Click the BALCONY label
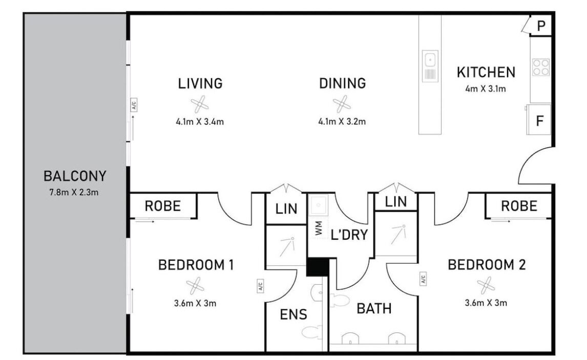tap(75, 176)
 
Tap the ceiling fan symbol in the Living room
tap(200, 104)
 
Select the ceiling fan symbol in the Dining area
tap(342, 104)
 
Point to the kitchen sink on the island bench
tap(430, 66)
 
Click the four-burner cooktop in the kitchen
tap(541, 68)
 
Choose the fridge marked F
tap(539, 120)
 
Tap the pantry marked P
tap(541, 26)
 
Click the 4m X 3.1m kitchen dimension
tap(486, 89)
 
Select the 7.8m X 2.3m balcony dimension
tap(74, 193)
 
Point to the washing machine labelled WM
tap(318, 228)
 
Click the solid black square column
tap(318, 267)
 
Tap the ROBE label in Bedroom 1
tap(163, 206)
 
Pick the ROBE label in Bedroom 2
tap(519, 206)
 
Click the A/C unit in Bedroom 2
tap(423, 279)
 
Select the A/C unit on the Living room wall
tap(134, 104)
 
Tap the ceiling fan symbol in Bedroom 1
tap(195, 286)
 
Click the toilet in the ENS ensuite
tap(312, 332)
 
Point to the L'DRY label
tap(349, 235)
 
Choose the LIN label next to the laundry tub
tap(286, 209)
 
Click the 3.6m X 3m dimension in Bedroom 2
tap(486, 303)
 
